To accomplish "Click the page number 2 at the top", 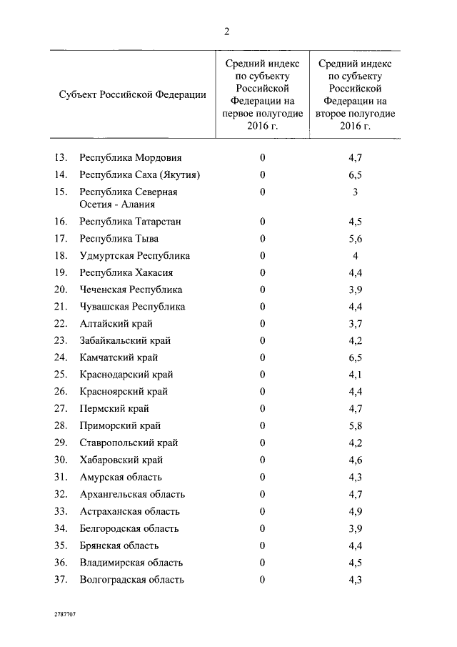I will tap(226, 31).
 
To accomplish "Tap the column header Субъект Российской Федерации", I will tap(134, 94).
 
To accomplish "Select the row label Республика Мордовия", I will tap(131, 157).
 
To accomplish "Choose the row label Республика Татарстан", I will tap(131, 222).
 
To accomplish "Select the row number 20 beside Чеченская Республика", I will tap(61, 290).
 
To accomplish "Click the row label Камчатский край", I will tap(119, 357).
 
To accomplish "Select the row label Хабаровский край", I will tap(121, 460).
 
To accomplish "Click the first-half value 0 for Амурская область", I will tap(263, 477).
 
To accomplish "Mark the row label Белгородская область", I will tap(129, 528).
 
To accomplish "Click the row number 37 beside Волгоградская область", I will tap(61, 580).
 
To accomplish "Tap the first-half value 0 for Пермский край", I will tap(263, 409).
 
